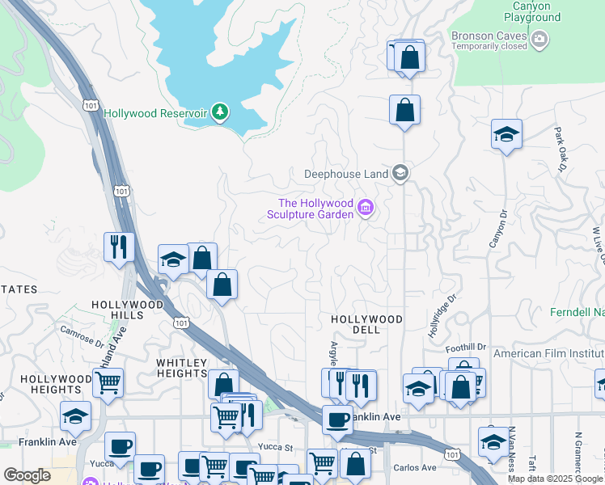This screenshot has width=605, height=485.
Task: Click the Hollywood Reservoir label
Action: coord(156,113)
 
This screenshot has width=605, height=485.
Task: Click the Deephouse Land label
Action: coord(347,173)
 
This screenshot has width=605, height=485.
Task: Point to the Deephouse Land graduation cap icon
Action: coord(400,172)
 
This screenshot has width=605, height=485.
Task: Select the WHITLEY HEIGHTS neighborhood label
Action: coord(182,368)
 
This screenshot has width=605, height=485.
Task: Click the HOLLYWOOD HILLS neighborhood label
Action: coord(121,310)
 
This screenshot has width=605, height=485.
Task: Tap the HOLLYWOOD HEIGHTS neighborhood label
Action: coord(57,384)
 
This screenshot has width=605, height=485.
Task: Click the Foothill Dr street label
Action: coord(467,347)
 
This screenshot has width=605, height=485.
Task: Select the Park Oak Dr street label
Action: coord(559,149)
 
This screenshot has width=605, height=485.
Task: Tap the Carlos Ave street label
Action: coord(417,468)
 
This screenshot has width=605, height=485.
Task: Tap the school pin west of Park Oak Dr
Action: coord(506,134)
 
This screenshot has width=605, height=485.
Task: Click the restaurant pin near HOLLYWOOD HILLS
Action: coord(120,247)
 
